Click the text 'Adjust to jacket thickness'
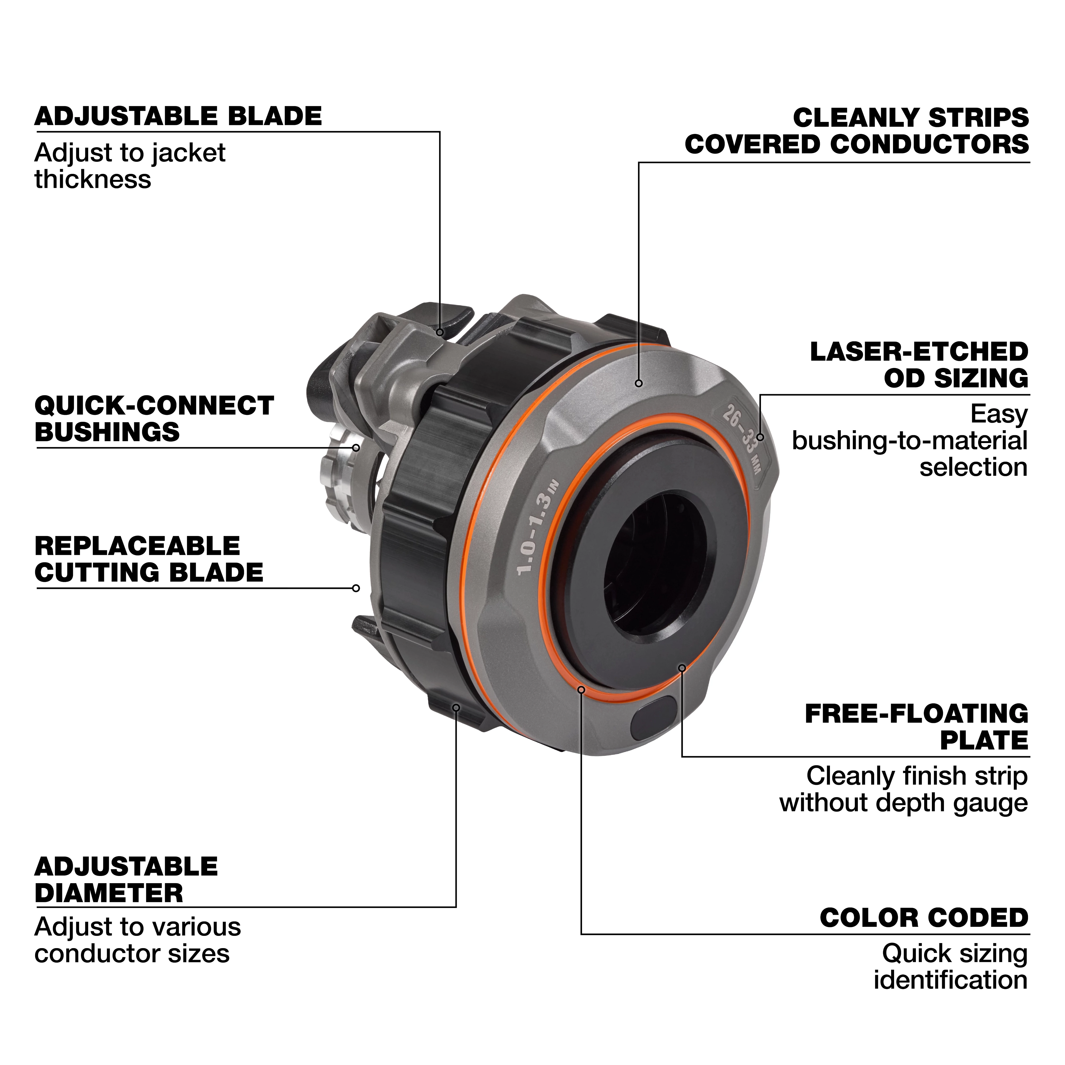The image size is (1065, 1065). (x=130, y=166)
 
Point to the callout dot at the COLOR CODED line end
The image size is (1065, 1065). (x=581, y=690)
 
